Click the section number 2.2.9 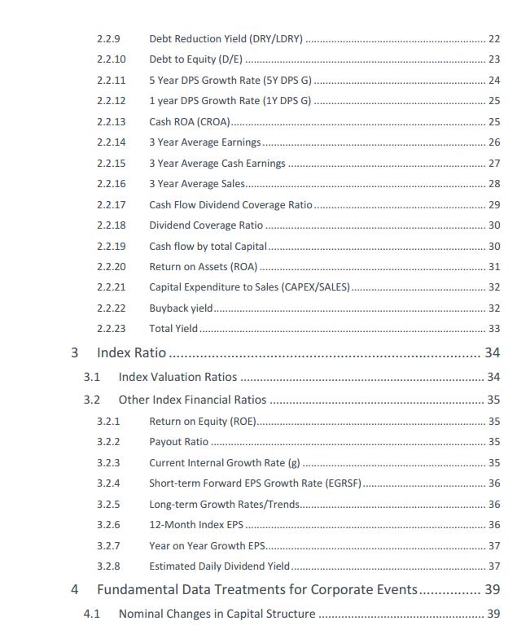110,38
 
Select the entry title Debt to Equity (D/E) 196,59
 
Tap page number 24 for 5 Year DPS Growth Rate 493,80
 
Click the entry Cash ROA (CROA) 189,121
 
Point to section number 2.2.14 111,142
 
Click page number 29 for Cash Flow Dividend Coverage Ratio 493,204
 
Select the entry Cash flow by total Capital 208,246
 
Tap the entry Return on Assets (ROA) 203,266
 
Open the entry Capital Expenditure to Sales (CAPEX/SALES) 249,287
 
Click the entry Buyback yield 181,308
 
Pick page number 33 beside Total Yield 493,329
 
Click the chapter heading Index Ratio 131,352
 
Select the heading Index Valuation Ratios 177,377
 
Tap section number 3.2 92,400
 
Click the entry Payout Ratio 178,442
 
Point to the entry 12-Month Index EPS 196,525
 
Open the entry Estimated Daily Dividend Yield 219,566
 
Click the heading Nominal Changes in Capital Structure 217,614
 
